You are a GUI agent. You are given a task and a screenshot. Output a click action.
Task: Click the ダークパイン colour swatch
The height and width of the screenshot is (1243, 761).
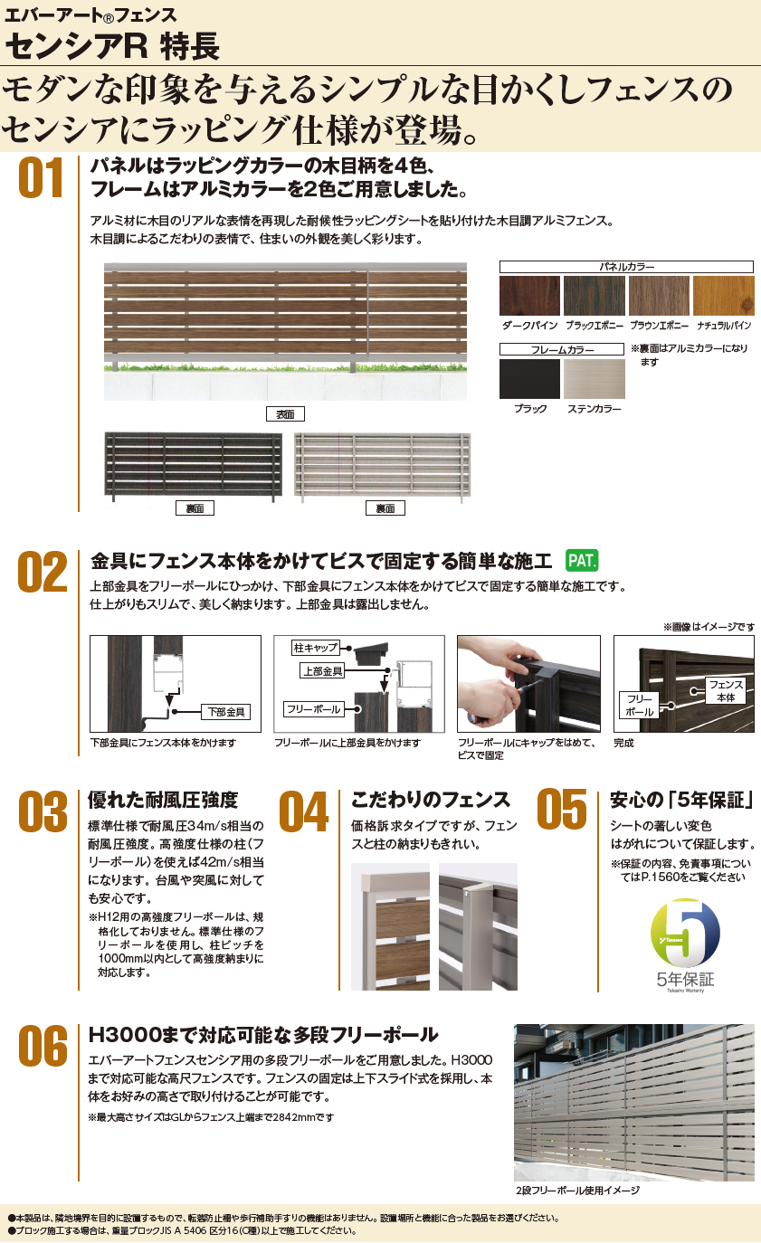click(x=529, y=296)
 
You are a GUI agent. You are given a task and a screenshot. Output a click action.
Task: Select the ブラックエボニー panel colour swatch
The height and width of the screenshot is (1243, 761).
click(x=594, y=296)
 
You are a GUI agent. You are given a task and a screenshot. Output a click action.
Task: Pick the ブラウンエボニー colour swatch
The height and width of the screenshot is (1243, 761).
click(x=659, y=296)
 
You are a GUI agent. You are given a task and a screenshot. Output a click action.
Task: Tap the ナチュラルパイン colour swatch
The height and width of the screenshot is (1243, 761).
click(x=724, y=296)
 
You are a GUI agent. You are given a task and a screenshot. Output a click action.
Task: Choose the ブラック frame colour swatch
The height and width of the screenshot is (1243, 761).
click(x=529, y=379)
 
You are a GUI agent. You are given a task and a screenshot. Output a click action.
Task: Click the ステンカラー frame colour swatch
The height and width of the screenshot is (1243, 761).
click(x=594, y=379)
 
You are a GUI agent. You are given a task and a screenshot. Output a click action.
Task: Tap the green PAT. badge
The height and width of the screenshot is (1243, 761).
click(x=582, y=560)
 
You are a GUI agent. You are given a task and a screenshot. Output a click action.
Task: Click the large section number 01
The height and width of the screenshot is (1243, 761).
click(x=42, y=177)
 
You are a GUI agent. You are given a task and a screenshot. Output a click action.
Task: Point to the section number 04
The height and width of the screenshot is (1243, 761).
click(x=304, y=811)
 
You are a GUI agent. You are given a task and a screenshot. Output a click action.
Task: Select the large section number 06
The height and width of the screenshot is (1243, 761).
click(x=42, y=1047)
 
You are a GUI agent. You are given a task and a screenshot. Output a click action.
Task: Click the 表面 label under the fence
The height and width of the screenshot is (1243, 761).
click(x=285, y=414)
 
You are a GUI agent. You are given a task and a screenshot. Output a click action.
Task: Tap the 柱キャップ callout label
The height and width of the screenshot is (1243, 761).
click(x=316, y=648)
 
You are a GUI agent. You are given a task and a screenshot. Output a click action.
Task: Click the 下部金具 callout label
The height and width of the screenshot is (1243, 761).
click(x=224, y=712)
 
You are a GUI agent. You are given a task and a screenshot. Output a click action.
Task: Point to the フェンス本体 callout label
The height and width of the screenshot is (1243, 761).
click(x=726, y=691)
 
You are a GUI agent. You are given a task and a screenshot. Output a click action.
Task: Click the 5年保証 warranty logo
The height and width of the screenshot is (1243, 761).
click(x=685, y=942)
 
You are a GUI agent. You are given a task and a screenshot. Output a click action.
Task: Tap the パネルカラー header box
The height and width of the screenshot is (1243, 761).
click(x=627, y=266)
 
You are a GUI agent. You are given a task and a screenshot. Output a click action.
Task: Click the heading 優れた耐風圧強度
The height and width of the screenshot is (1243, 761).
click(x=163, y=800)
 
